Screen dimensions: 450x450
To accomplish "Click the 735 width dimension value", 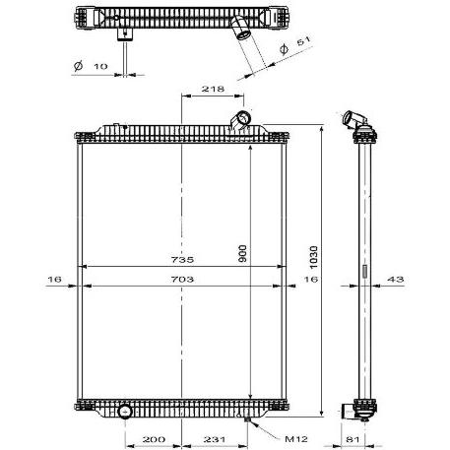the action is (182, 260).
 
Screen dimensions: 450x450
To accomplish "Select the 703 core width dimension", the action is (182, 280).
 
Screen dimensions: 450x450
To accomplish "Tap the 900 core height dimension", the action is (243, 253).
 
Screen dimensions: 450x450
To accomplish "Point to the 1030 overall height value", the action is (314, 257).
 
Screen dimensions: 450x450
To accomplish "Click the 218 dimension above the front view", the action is (213, 89).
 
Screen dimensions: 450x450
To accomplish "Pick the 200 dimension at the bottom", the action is (154, 439).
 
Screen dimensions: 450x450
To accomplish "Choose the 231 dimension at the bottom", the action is (215, 439).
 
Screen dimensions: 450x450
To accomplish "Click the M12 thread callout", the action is (296, 439).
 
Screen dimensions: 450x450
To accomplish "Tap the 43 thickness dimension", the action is (396, 280).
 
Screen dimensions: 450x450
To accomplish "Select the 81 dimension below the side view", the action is (353, 439).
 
